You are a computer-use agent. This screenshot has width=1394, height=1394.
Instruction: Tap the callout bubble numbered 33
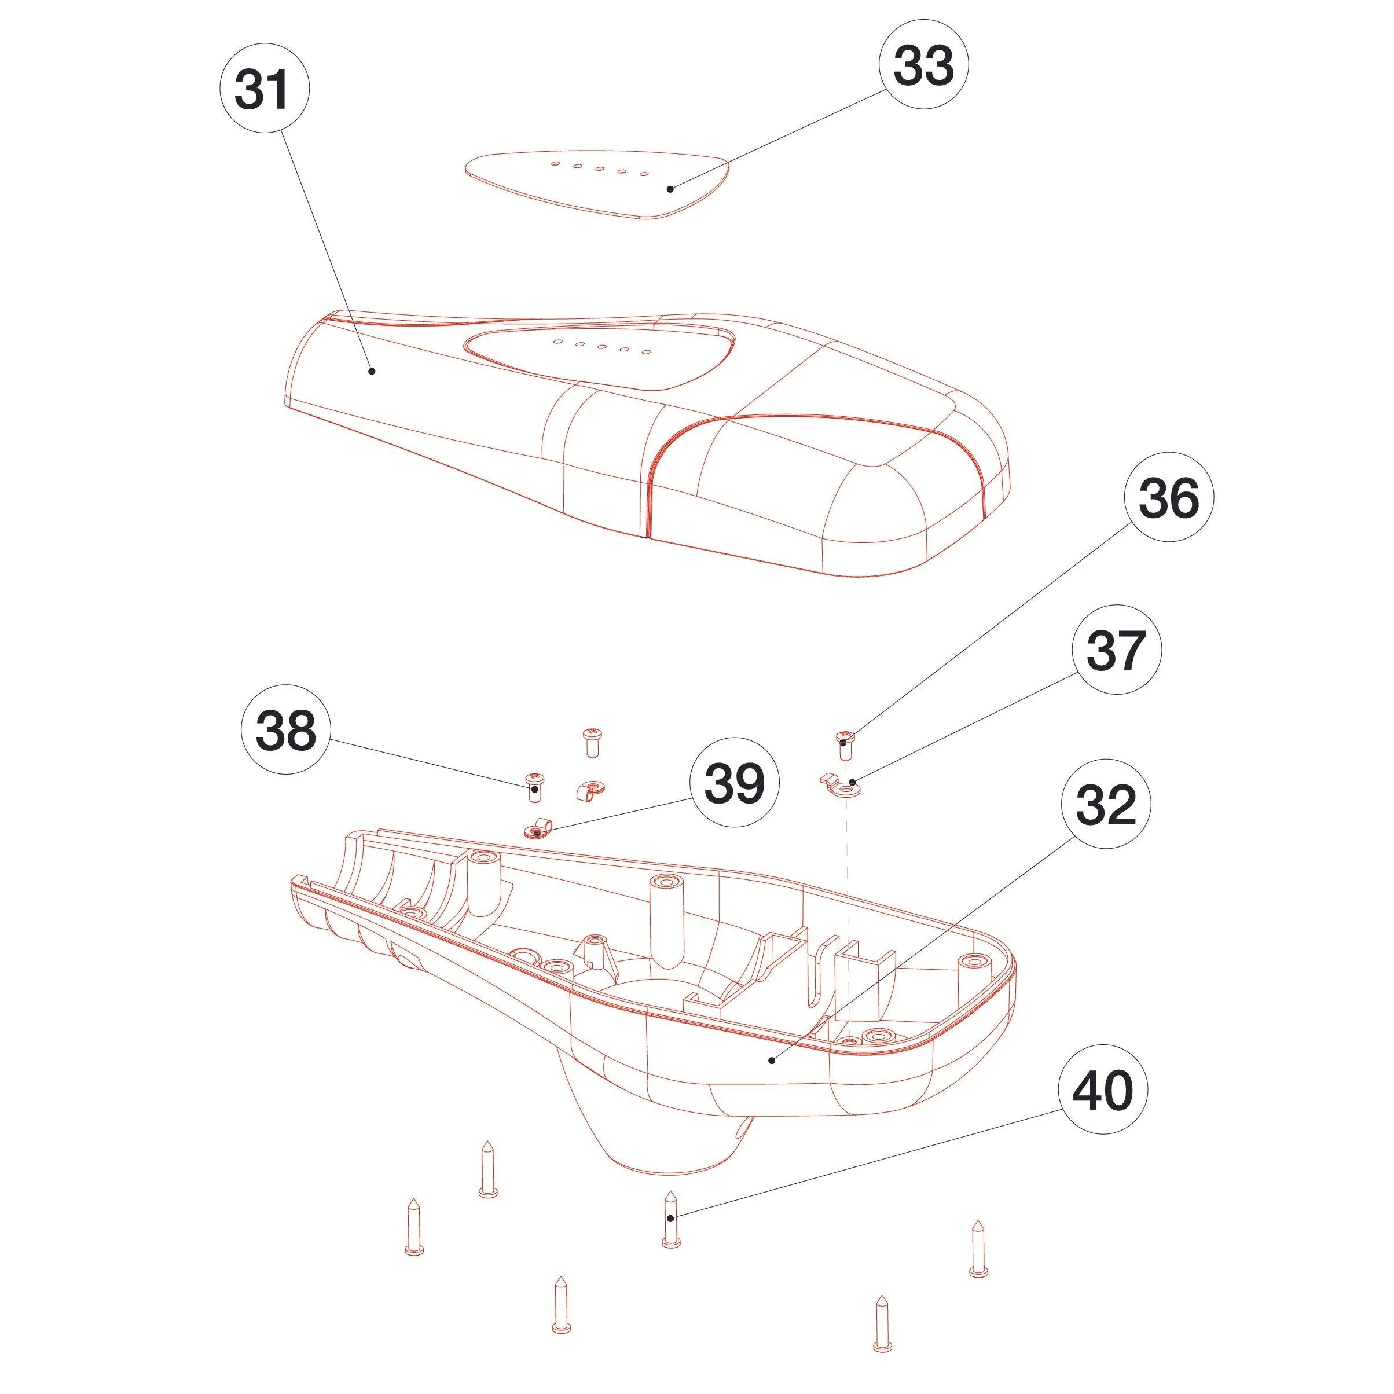tap(923, 65)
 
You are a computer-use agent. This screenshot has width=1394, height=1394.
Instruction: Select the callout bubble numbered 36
tap(1168, 498)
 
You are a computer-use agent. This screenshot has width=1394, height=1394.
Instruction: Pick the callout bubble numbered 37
tap(1116, 650)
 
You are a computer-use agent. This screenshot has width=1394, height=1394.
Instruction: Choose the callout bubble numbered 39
tap(735, 783)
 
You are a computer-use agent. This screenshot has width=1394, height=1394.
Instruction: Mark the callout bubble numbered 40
tap(1102, 1092)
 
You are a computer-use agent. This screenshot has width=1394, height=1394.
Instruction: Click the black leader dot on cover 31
tap(372, 371)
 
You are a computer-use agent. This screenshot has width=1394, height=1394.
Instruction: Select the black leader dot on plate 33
tap(670, 189)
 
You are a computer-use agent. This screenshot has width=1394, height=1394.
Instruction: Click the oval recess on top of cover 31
tap(599, 357)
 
